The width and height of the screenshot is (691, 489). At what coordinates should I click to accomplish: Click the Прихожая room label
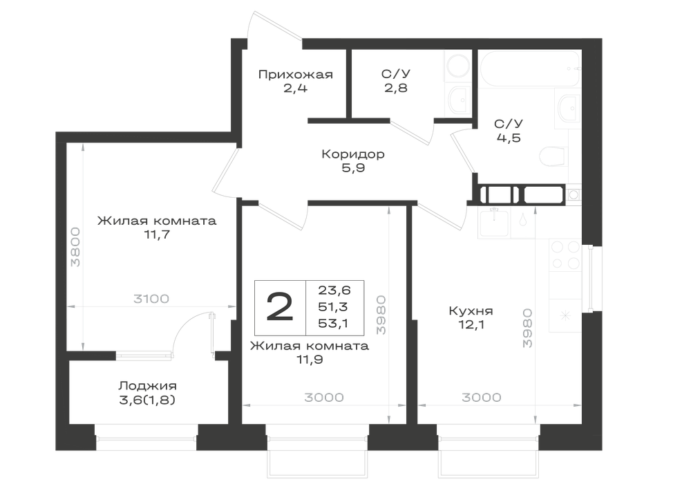[295, 75]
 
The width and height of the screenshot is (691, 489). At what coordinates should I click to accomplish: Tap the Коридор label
[353, 154]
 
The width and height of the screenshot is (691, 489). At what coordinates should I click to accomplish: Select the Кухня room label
[471, 311]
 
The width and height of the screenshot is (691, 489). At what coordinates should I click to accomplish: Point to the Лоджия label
[147, 386]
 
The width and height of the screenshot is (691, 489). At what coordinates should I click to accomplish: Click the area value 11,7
[157, 234]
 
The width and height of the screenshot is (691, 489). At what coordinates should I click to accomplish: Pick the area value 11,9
[310, 360]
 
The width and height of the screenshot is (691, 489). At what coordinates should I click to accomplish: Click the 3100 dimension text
[151, 299]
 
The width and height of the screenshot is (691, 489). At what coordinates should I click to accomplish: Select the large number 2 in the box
[280, 307]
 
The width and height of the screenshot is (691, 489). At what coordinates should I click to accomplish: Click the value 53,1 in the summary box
[333, 324]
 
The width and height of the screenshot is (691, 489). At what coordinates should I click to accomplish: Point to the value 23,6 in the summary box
[334, 290]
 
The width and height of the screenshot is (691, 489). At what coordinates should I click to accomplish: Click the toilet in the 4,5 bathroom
[553, 155]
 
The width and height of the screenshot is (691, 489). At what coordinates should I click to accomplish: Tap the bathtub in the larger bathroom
[529, 68]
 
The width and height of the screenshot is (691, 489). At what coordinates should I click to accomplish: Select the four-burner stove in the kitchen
[565, 255]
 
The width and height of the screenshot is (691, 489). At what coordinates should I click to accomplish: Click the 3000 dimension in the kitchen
[481, 398]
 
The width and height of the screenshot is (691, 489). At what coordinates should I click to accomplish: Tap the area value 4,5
[509, 138]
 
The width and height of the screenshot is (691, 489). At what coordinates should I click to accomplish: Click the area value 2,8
[395, 89]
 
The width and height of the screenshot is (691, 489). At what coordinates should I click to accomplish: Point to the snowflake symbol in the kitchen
[565, 315]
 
